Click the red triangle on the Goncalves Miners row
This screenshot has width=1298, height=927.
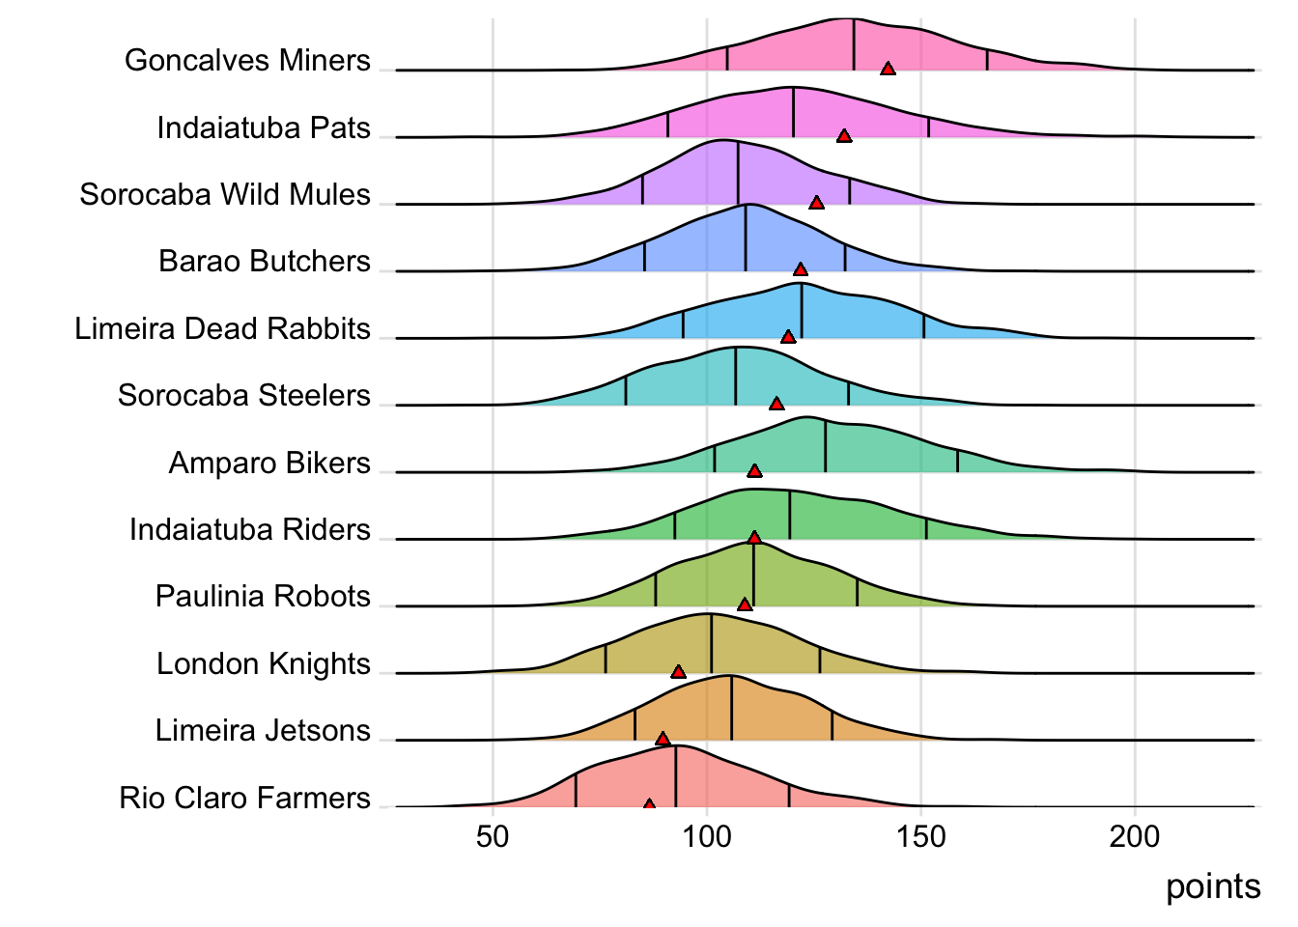pyautogui.click(x=888, y=68)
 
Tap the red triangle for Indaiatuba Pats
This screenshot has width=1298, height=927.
pyautogui.click(x=844, y=136)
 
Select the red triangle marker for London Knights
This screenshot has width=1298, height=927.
pyautogui.click(x=678, y=671)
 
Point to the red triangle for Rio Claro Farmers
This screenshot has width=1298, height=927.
pyautogui.click(x=649, y=804)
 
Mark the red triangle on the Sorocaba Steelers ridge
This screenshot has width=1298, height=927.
pyautogui.click(x=776, y=403)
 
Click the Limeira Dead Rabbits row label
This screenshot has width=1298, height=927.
pyautogui.click(x=222, y=328)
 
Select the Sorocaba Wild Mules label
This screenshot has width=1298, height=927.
pyautogui.click(x=225, y=194)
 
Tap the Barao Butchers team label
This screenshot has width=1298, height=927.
pyautogui.click(x=265, y=262)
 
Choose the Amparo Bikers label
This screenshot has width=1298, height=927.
pyautogui.click(x=269, y=463)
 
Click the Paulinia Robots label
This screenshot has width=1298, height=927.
pyautogui.click(x=263, y=596)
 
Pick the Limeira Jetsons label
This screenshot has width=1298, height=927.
pyautogui.click(x=263, y=730)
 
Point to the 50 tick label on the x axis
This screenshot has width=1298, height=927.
pyautogui.click(x=493, y=836)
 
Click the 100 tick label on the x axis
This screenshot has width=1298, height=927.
pyautogui.click(x=707, y=836)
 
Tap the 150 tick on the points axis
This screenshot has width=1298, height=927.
pyautogui.click(x=921, y=836)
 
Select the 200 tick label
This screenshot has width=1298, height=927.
pyautogui.click(x=1135, y=836)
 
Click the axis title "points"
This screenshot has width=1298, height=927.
pyautogui.click(x=1213, y=886)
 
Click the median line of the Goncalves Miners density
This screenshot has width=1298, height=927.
pyautogui.click(x=854, y=44)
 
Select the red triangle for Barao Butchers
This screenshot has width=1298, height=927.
pyautogui.click(x=800, y=269)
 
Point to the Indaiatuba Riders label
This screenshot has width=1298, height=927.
pyautogui.click(x=250, y=529)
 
